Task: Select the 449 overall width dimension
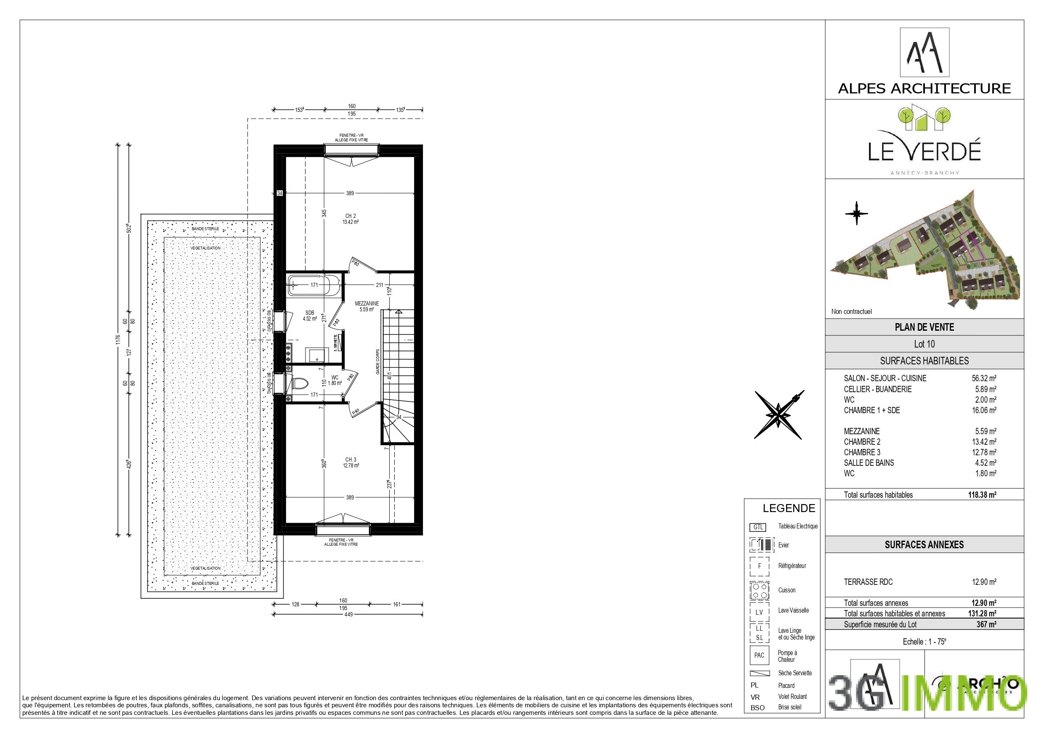click(x=348, y=615)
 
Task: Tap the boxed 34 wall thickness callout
click(x=280, y=193)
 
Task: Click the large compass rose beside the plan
click(x=778, y=414)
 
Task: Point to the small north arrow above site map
click(x=856, y=213)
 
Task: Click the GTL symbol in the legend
click(x=757, y=528)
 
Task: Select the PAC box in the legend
click(x=759, y=656)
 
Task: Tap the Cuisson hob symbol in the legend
click(x=759, y=590)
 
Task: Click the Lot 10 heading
click(x=924, y=344)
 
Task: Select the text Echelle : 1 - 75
click(x=924, y=642)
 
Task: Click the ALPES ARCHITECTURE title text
click(x=924, y=88)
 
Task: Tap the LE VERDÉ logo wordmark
click(x=924, y=151)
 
